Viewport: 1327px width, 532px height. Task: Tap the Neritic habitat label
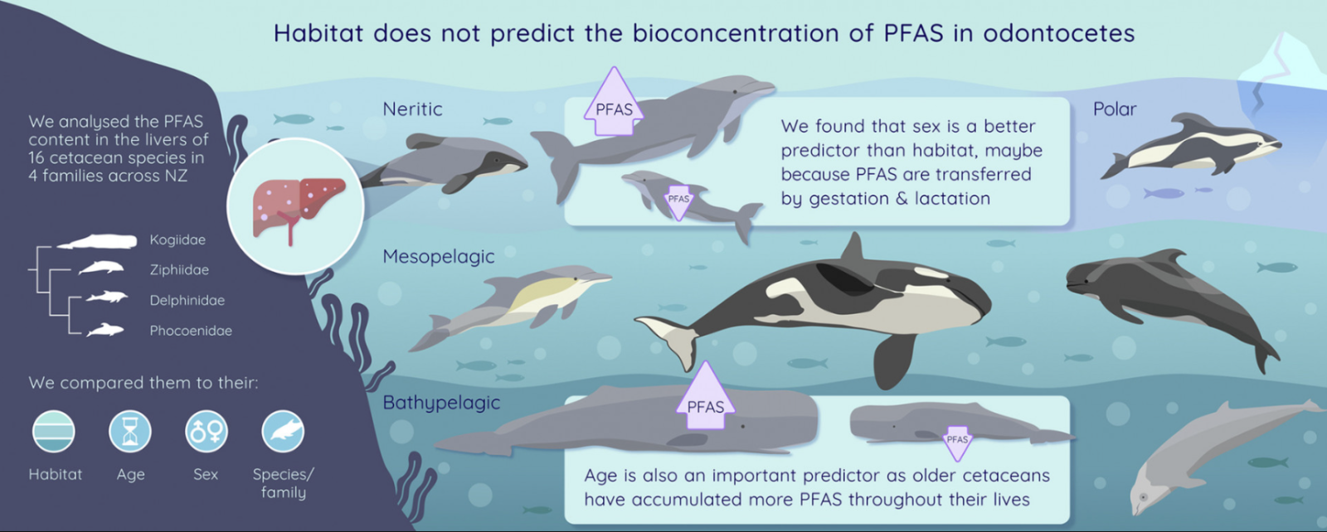click(412, 109)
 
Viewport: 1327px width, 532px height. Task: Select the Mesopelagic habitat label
click(439, 256)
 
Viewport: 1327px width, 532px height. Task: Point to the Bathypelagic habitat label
click(441, 403)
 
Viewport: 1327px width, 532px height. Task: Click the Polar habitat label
click(1115, 109)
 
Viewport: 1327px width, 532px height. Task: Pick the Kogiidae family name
click(177, 239)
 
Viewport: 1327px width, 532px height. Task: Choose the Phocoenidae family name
click(191, 330)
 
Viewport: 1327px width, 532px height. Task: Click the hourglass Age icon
click(130, 432)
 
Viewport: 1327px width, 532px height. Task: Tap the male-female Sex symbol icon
click(207, 432)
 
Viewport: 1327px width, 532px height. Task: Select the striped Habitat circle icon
click(53, 432)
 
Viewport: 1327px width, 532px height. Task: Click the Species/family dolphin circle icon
click(283, 432)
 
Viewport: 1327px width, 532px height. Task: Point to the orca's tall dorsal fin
click(853, 249)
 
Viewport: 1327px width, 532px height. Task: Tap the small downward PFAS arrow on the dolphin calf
click(678, 202)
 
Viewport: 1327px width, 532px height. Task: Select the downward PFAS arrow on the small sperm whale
click(957, 443)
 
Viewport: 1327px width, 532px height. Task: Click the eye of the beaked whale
click(1143, 497)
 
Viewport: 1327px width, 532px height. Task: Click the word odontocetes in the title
click(1058, 33)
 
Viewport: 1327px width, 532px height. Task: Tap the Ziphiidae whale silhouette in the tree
click(101, 268)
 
